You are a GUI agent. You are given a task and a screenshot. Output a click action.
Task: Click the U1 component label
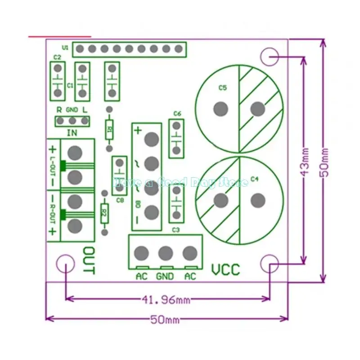65,47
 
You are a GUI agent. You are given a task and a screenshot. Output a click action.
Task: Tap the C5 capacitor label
222,89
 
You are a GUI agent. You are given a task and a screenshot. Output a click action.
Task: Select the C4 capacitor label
255,179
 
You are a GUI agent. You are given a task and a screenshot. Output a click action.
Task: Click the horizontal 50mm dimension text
164,320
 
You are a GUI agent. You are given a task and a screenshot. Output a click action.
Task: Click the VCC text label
225,270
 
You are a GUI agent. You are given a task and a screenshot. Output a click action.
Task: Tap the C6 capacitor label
176,113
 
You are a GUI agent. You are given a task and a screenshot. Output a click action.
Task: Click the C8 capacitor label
119,200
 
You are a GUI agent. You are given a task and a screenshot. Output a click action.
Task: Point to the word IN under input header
72,132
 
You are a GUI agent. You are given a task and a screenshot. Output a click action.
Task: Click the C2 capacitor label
57,57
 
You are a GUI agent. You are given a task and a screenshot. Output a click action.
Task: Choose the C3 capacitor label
176,230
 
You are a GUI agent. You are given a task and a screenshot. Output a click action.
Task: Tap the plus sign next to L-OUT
53,149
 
